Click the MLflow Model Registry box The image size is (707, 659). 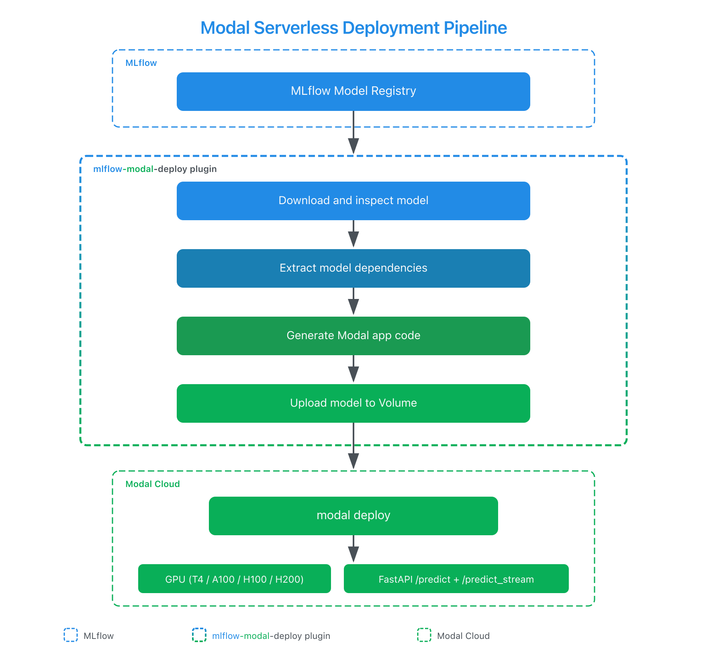(353, 92)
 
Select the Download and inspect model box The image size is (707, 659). (353, 201)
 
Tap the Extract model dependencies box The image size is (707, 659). (353, 268)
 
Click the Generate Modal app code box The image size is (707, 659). (353, 336)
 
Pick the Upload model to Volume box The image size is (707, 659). (353, 403)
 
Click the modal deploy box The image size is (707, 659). (353, 516)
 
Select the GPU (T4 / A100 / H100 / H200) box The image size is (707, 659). (234, 579)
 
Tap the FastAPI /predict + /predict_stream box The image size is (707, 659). (456, 579)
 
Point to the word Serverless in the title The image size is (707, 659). (296, 28)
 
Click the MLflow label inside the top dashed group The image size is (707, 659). (141, 63)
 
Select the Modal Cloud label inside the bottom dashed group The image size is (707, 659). (152, 484)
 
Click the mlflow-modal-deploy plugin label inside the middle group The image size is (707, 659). (155, 169)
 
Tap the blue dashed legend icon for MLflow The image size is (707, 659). (71, 635)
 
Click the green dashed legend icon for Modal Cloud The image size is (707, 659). (424, 635)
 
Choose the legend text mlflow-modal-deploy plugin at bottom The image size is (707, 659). (271, 636)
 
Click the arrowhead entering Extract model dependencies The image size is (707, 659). (353, 240)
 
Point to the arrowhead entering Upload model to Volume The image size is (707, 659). (353, 375)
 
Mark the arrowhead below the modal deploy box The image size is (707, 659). (353, 555)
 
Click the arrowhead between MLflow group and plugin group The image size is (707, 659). (353, 145)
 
